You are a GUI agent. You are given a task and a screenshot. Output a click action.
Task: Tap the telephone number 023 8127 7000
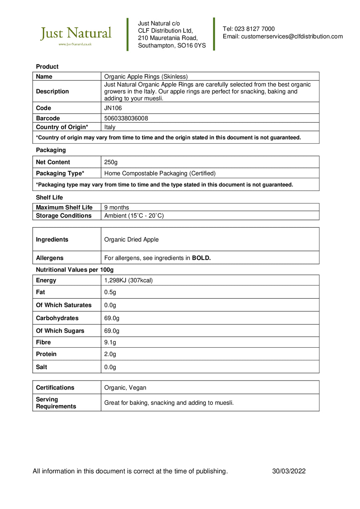tap(254, 29)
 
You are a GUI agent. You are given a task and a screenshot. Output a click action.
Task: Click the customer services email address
tap(292, 36)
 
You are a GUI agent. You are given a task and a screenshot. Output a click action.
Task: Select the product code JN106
tap(113, 108)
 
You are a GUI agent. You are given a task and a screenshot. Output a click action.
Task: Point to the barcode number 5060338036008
tap(126, 118)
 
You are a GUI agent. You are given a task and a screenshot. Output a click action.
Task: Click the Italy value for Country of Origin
tap(110, 127)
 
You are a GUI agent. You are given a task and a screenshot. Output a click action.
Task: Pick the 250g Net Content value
tap(111, 162)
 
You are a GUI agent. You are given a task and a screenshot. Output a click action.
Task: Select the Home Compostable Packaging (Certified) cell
tap(160, 173)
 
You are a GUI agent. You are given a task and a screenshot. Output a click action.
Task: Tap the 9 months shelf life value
tap(116, 207)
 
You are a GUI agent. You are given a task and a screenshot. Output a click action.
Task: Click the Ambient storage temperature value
tap(134, 216)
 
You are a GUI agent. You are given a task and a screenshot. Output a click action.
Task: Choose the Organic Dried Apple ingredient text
tap(131, 240)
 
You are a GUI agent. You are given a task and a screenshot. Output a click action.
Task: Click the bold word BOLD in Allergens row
tap(201, 258)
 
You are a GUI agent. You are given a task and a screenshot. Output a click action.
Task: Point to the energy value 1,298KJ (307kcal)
tap(128, 280)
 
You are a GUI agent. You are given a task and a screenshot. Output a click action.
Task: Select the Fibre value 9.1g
tap(110, 342)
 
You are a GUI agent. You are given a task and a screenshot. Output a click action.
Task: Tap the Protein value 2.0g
tap(110, 354)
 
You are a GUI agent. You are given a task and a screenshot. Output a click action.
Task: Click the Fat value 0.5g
tap(110, 292)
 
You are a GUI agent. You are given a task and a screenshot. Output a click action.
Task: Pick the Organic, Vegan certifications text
tap(125, 388)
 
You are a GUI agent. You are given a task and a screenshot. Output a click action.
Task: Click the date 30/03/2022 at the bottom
tap(289, 471)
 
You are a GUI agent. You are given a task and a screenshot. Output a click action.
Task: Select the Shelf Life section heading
tap(49, 198)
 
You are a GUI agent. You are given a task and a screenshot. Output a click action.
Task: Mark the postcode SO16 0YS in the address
tap(191, 46)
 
